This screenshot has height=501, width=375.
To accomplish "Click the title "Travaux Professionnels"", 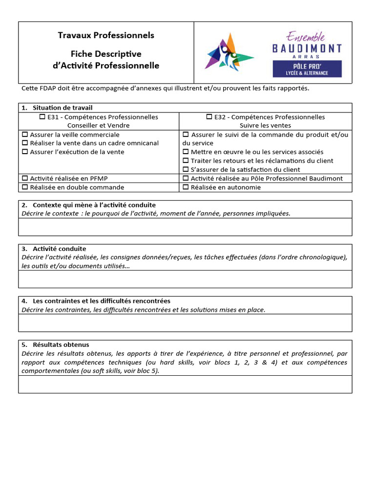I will [106, 35].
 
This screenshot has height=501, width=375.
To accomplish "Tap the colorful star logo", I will [228, 51].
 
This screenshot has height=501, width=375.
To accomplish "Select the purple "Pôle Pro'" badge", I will [307, 68].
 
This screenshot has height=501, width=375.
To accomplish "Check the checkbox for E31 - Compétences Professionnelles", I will [42, 117].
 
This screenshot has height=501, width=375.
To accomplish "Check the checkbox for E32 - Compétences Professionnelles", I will [209, 117].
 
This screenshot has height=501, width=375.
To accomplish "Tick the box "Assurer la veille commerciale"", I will [25, 135].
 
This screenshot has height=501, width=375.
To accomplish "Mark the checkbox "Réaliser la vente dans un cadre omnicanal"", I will [25, 143].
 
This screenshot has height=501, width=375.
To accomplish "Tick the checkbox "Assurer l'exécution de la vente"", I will [25, 152].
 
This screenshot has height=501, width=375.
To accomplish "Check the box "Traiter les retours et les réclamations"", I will [186, 161].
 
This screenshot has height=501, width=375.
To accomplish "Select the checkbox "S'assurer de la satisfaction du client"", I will [186, 170].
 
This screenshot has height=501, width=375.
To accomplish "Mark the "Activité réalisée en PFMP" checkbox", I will [25, 179].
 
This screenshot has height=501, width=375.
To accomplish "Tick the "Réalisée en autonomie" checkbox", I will [186, 187].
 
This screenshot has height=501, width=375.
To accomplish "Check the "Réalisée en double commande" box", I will [25, 187].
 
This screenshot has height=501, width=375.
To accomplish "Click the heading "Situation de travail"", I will [62, 108].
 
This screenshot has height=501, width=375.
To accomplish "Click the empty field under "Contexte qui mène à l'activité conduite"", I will [185, 227].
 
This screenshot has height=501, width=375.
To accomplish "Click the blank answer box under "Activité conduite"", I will [185, 279].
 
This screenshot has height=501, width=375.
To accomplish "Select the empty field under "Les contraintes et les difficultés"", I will [185, 323].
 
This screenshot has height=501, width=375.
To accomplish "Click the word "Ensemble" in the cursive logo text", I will [305, 36].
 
